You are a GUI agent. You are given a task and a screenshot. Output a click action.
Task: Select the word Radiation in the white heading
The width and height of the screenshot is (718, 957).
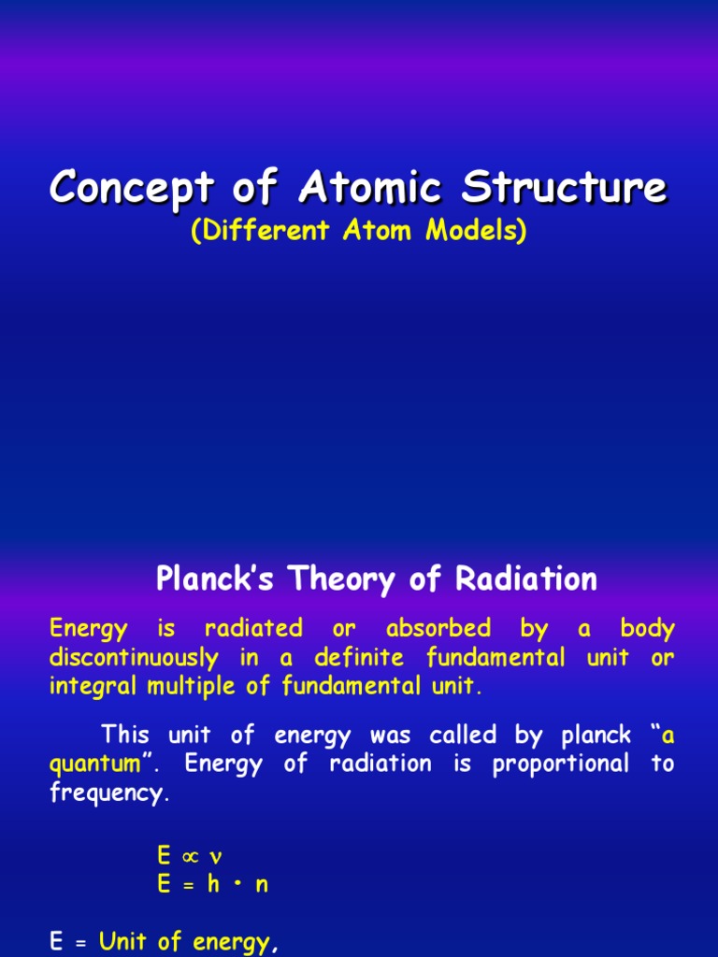526,579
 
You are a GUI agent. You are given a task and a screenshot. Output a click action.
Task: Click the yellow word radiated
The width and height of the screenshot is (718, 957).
253,629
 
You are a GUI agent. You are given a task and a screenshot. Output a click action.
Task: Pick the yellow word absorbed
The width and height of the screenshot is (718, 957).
438,629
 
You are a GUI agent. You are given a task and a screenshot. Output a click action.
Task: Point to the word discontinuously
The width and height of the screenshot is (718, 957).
134,658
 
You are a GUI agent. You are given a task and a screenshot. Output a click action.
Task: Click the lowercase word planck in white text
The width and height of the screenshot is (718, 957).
596,736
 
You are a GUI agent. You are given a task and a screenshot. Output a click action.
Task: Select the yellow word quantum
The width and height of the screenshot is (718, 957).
95,764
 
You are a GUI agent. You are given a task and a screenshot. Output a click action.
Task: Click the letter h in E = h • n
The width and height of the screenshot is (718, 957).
213,884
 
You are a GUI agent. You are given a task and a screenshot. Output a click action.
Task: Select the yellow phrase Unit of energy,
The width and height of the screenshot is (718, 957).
190,942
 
